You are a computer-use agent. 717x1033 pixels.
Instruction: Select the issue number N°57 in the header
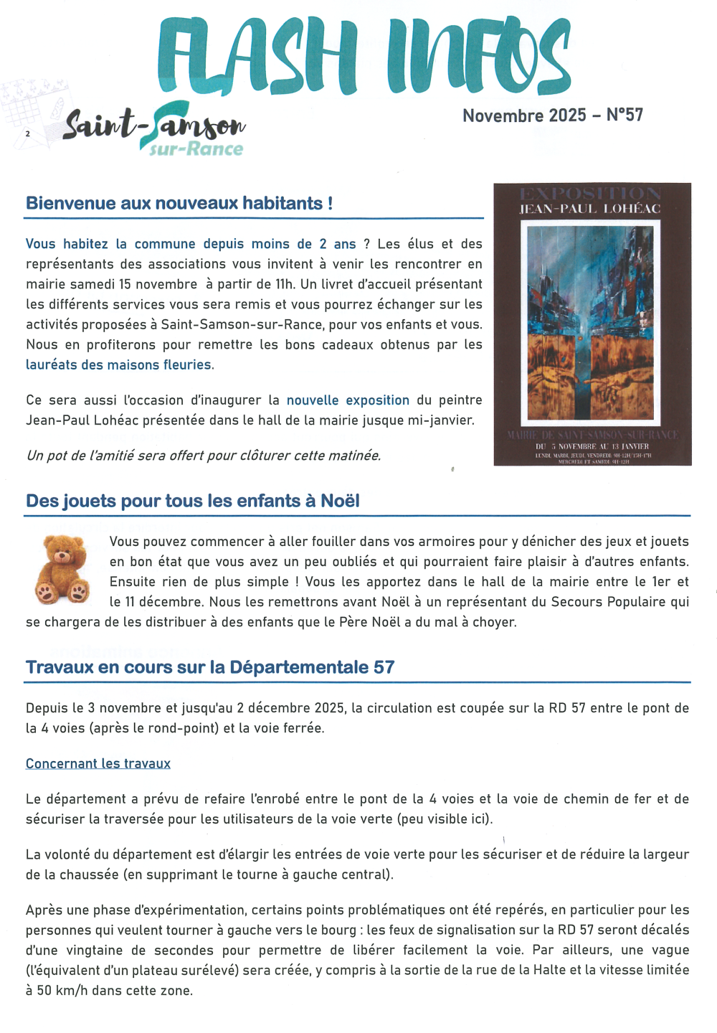[625, 115]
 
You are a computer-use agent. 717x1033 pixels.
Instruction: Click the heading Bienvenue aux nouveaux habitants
[179, 203]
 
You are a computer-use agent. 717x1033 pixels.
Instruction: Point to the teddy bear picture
[62, 569]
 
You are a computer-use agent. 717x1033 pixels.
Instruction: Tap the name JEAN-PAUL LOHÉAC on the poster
[590, 209]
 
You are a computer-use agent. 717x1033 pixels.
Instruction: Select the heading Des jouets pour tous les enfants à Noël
[193, 501]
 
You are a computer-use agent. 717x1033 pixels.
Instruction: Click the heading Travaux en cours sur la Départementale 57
[210, 667]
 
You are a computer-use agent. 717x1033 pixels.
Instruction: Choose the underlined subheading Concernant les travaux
[98, 763]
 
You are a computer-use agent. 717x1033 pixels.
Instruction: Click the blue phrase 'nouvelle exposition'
[348, 400]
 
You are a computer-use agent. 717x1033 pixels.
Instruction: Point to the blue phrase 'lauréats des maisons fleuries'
[120, 365]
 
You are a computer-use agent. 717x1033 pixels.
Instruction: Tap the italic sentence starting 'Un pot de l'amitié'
[204, 456]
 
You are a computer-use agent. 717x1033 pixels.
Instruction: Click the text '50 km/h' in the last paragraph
[62, 991]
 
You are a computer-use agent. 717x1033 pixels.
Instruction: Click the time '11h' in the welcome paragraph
[285, 284]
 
